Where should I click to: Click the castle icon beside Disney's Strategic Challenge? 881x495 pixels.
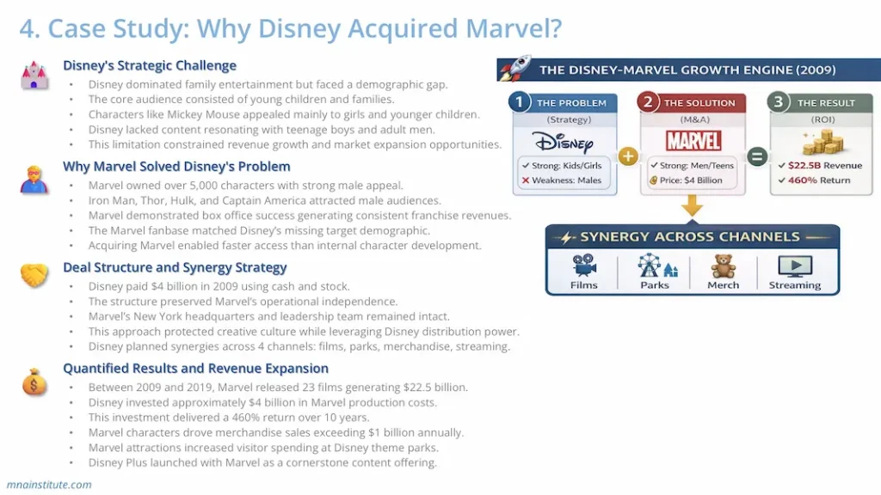point(34,76)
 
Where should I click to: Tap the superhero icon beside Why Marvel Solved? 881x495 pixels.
point(34,180)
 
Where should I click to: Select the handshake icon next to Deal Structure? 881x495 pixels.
point(34,275)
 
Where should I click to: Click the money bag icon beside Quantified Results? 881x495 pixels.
point(34,382)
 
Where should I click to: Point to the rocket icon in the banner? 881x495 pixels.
point(515,69)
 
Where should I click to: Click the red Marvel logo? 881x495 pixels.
point(693,141)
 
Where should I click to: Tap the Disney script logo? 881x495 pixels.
point(564,143)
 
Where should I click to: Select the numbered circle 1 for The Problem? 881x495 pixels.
point(519,102)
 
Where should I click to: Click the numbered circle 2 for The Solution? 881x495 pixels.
point(648,102)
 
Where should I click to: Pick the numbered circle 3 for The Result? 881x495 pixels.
point(778,102)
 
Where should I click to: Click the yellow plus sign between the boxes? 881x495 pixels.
point(628,156)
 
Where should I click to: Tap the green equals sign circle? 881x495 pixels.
point(757,156)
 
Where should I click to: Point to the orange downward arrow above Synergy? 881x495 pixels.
point(693,206)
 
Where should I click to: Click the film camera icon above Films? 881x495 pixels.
point(584,265)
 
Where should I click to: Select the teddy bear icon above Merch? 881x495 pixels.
point(723,266)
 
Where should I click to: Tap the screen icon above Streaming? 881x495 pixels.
point(794,266)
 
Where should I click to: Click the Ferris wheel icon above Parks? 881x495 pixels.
point(649,265)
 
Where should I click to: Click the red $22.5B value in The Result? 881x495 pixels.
point(804,166)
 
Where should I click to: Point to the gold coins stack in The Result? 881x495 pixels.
point(823,143)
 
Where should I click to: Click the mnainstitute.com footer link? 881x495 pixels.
point(49,485)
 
